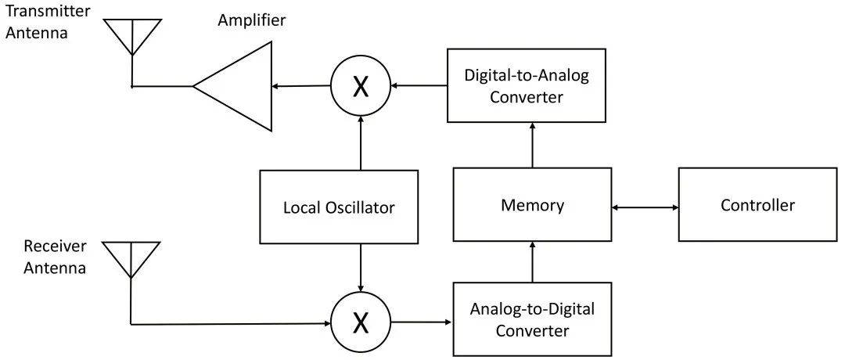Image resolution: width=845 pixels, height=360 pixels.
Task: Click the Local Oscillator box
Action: tap(338, 207)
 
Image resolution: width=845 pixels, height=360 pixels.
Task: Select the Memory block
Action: tap(532, 205)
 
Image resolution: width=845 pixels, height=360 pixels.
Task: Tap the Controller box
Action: tap(757, 205)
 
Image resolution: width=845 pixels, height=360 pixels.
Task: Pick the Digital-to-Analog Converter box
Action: tap(526, 85)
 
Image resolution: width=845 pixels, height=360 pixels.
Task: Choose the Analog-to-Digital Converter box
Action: tap(532, 319)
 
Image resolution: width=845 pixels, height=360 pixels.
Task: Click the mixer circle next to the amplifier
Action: tap(360, 86)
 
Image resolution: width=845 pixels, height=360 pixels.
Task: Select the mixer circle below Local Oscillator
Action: tap(360, 322)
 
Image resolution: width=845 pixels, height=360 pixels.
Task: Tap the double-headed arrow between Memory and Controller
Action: tap(645, 207)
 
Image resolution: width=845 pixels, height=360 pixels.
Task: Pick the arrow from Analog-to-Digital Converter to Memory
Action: tap(532, 262)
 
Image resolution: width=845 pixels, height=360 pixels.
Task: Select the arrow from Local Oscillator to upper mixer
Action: tap(360, 141)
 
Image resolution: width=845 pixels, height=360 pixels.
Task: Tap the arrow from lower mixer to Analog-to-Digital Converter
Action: tap(421, 322)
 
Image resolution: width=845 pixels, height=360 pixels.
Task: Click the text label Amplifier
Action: tap(252, 20)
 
